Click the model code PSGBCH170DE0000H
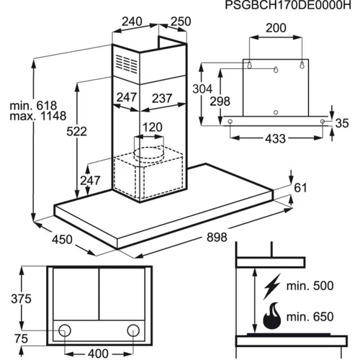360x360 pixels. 288,5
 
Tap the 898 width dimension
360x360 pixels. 217,238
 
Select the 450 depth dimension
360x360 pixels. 62,240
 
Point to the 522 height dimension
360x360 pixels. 76,132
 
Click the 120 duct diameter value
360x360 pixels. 153,127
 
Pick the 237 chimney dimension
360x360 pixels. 162,99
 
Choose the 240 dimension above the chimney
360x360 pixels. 132,22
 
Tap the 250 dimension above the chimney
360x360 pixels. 181,22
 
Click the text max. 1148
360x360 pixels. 38,116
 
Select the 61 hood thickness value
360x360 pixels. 300,188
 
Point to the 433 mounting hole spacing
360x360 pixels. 276,139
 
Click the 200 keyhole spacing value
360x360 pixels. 276,28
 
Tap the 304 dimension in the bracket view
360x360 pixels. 202,89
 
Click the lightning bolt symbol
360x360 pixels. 272,286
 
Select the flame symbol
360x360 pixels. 272,316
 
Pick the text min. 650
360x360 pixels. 310,317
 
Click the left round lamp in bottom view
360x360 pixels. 65,330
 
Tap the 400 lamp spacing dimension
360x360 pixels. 98,354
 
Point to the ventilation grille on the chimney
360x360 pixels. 127,63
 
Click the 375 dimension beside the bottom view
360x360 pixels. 21,299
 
